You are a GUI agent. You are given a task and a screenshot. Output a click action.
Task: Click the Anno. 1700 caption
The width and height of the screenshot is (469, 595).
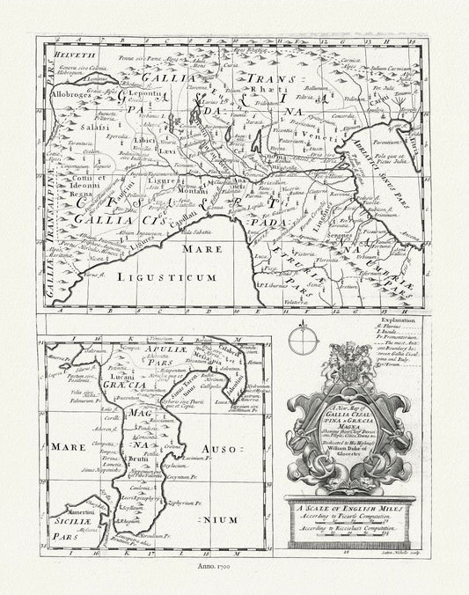point(232,582)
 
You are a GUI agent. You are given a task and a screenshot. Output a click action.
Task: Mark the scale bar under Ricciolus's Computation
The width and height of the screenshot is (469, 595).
point(345,531)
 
